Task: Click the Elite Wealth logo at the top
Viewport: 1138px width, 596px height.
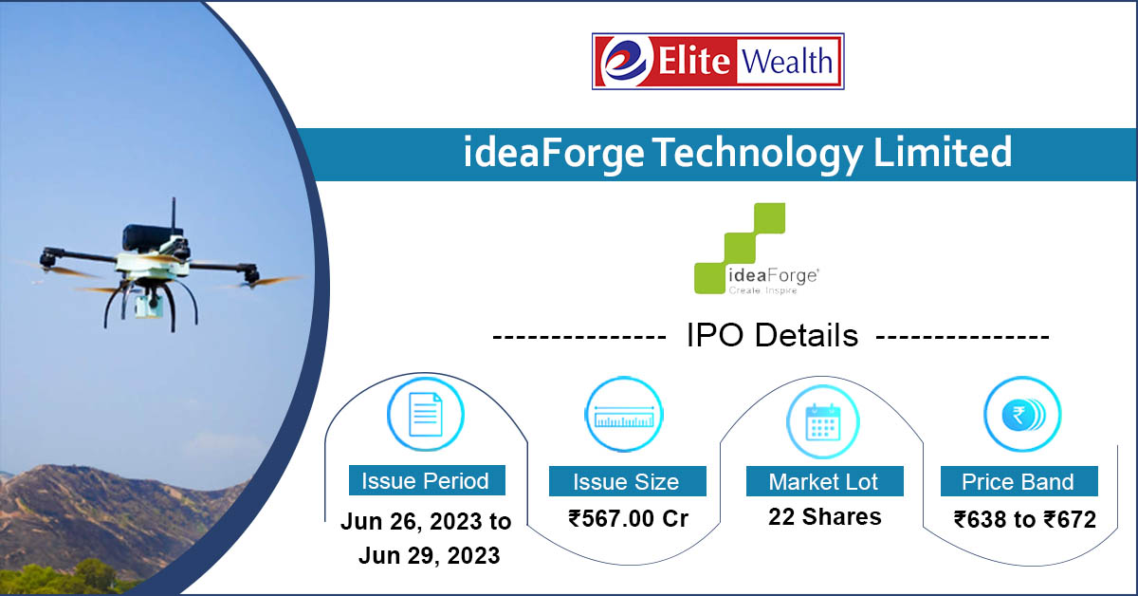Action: [x=718, y=62]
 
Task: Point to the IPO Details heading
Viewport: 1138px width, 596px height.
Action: [x=772, y=336]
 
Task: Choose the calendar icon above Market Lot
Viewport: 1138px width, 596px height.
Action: [x=823, y=418]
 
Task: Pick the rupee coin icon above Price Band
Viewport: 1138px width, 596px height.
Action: [x=1022, y=415]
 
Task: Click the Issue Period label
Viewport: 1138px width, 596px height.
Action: [x=426, y=480]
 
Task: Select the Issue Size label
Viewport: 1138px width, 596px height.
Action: [x=626, y=481]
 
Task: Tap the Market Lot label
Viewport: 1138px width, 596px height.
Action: [x=823, y=481]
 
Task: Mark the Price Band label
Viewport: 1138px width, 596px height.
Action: [x=1019, y=481]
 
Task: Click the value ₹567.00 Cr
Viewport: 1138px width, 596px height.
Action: [x=628, y=519]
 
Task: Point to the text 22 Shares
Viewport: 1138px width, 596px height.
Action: [x=824, y=517]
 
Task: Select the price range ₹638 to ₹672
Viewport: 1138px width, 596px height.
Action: [x=1024, y=520]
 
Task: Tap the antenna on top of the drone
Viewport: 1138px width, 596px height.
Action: [x=174, y=214]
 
